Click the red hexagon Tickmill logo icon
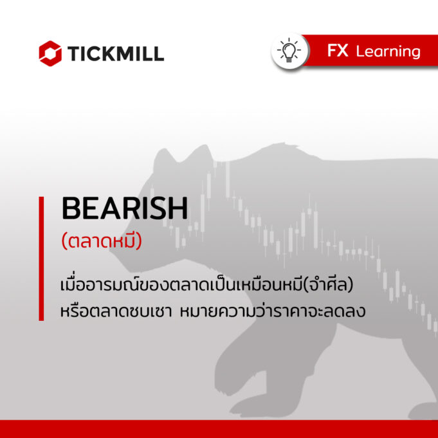coord(50,53)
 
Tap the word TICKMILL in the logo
coord(115,53)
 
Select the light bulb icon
coord(289,51)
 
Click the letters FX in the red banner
coord(338,51)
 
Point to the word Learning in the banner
coord(388,52)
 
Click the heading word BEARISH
coord(125,208)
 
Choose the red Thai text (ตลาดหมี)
coord(102,241)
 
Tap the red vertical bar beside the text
coord(41,259)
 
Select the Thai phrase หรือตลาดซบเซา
coord(116,311)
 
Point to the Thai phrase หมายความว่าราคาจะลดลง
coord(272,311)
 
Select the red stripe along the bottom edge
coord(219,429)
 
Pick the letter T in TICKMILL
coord(73,54)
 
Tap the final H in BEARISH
coord(178,208)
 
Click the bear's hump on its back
coord(279,149)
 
